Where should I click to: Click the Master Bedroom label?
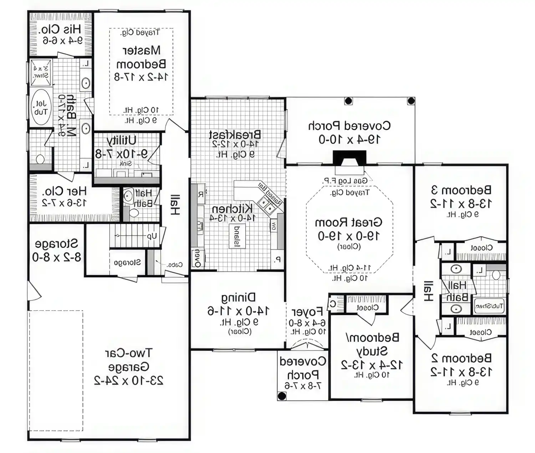(141, 57)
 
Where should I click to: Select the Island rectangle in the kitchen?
(236, 236)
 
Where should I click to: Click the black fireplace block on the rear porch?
(349, 158)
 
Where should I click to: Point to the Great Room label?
(348, 223)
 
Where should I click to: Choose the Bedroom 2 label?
(461, 358)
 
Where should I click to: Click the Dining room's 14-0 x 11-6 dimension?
(238, 311)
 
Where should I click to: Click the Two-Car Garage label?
(128, 360)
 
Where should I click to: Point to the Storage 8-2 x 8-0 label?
(56, 250)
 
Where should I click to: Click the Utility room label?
(121, 140)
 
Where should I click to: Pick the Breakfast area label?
(235, 135)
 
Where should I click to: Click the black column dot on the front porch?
(282, 395)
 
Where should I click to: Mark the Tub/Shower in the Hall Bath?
(489, 306)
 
